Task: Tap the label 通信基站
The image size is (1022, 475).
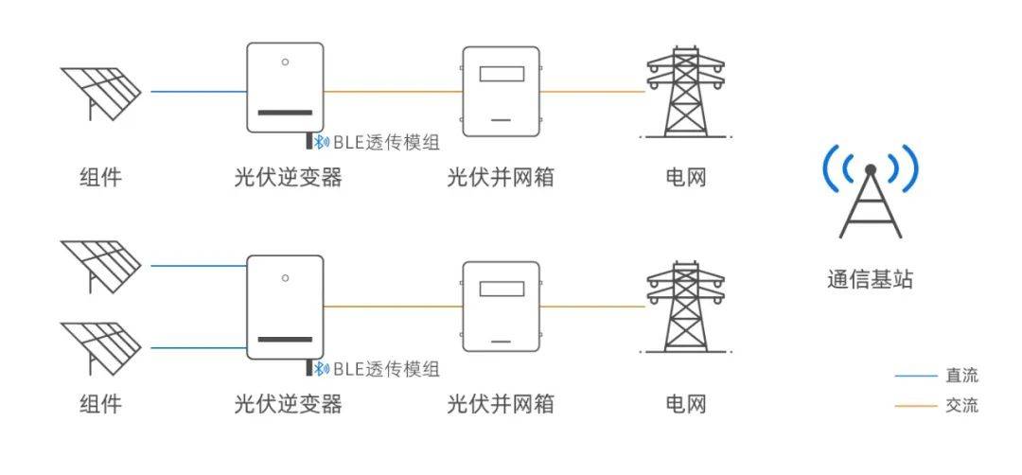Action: (870, 279)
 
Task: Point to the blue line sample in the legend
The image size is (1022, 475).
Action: (915, 377)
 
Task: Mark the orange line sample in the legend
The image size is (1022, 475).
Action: (915, 407)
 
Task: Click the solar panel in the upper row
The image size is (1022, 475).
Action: (100, 93)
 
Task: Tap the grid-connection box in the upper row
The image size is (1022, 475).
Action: (501, 90)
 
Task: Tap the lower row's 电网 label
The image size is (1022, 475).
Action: (685, 404)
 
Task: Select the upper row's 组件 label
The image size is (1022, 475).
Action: (100, 177)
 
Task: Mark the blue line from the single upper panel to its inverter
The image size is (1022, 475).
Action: (198, 92)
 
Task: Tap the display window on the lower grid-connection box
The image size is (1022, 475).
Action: (501, 290)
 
